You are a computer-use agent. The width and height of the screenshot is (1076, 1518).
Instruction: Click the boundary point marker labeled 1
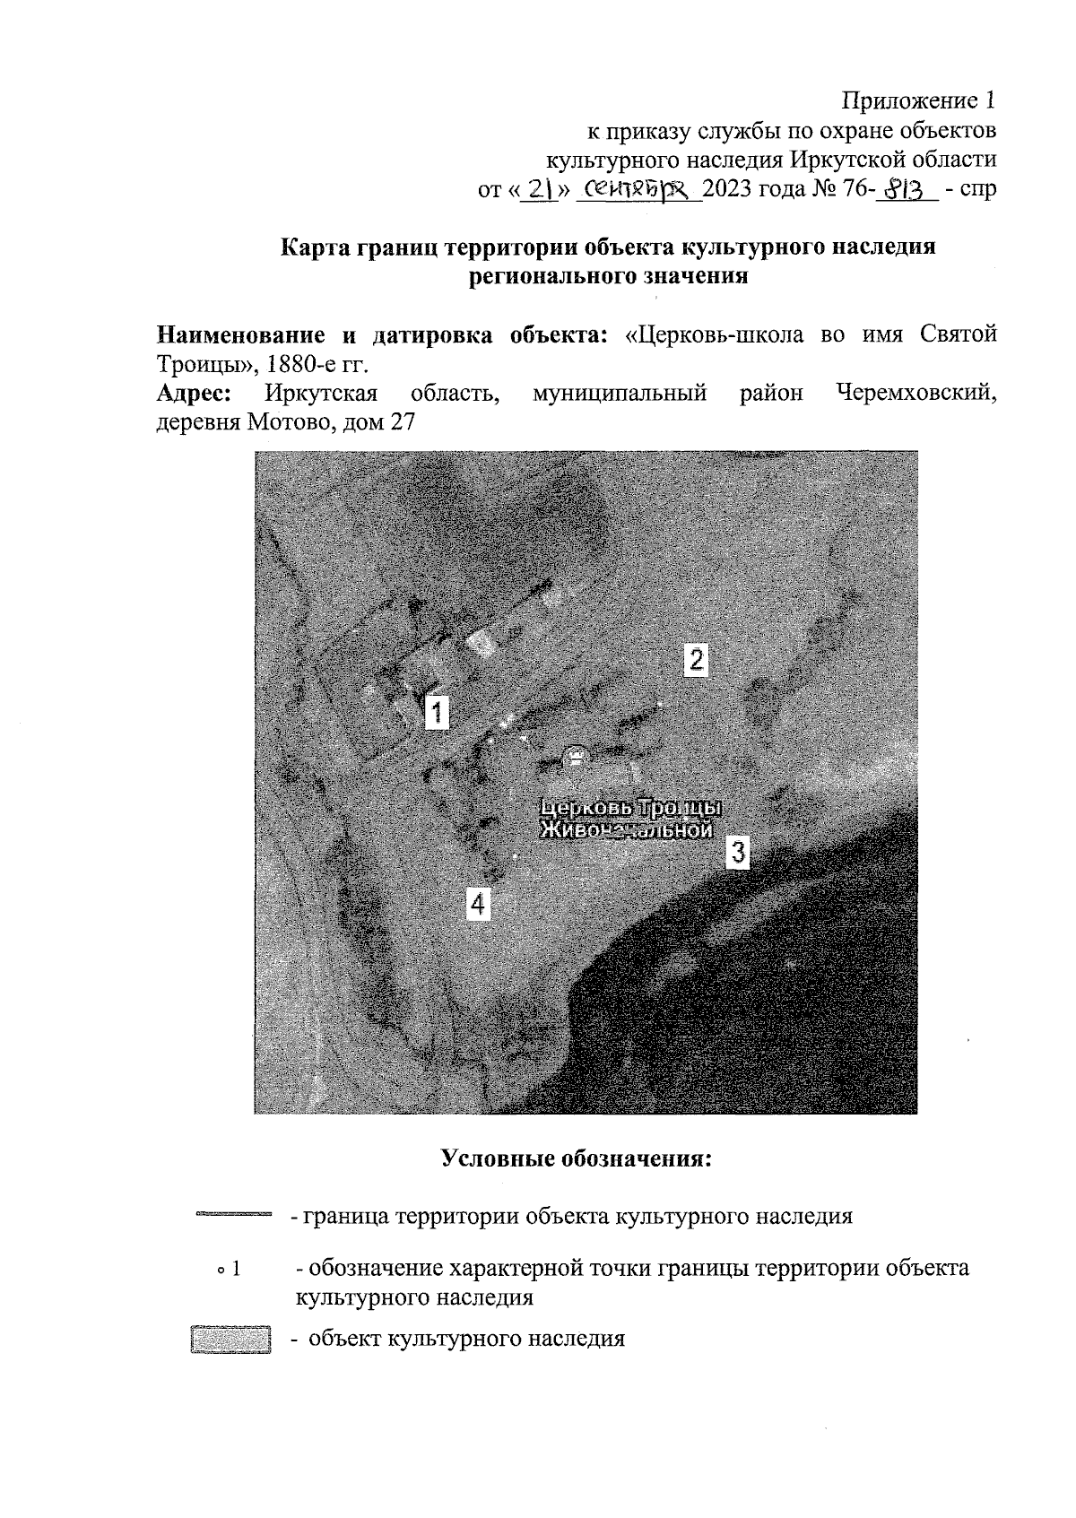pos(436,712)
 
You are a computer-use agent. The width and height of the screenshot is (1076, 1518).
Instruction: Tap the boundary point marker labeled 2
pos(696,659)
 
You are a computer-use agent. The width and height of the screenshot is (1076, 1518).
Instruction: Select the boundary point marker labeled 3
pos(737,851)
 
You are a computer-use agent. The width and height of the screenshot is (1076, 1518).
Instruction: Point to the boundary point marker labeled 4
pos(478,903)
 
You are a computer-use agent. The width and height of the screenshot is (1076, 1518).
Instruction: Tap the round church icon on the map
pos(574,756)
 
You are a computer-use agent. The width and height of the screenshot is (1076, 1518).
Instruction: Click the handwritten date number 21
pos(539,189)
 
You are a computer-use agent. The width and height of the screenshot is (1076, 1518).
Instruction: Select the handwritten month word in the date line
pos(638,189)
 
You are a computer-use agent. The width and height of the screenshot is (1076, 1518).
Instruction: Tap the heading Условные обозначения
pos(577,1158)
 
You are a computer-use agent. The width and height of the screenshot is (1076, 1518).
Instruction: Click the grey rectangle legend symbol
pos(230,1340)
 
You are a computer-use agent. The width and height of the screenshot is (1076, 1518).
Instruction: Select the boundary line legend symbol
pos(232,1215)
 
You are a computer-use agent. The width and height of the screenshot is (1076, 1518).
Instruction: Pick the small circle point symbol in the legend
pos(219,1271)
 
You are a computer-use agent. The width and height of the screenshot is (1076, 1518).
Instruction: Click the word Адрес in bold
pos(197,394)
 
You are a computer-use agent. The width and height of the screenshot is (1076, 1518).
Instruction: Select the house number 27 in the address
pos(403,422)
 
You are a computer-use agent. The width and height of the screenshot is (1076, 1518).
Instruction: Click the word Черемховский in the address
pos(915,394)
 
